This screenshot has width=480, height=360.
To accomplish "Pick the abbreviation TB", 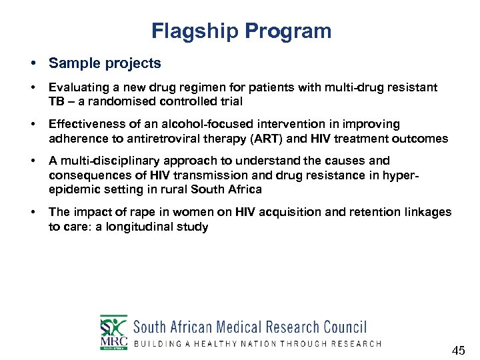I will tap(57, 101).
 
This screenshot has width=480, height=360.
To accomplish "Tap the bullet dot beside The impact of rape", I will tap(33, 212).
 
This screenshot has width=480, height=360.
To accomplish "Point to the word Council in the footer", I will tap(345, 327).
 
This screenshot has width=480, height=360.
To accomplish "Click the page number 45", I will tap(458, 351).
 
